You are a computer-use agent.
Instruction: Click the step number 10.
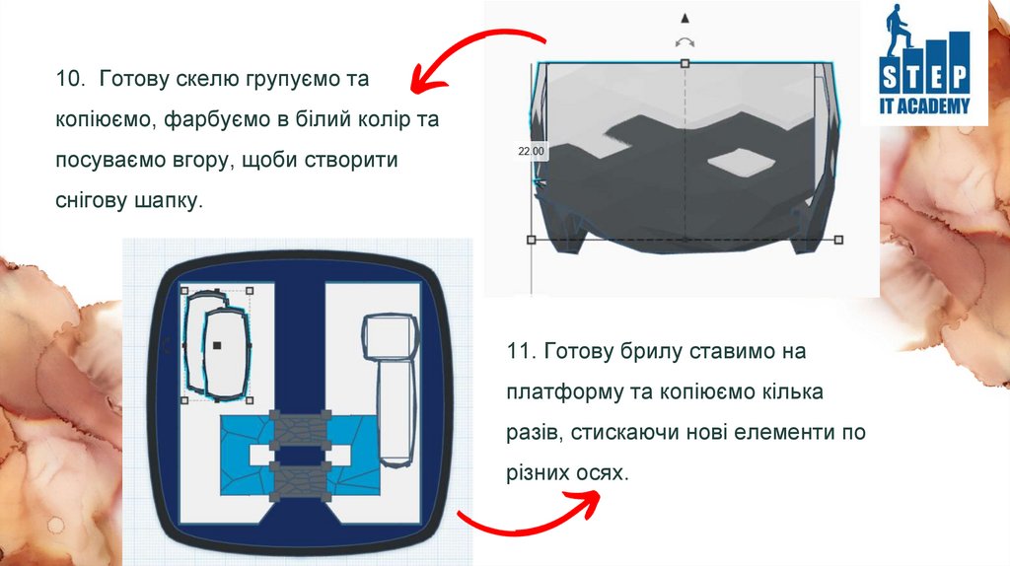click(70, 79)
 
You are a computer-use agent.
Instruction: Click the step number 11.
click(520, 352)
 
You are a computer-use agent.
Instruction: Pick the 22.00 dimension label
click(531, 151)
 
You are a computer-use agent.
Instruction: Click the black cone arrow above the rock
click(685, 18)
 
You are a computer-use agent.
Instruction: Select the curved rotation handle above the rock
click(685, 42)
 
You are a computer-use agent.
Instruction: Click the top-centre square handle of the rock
click(685, 63)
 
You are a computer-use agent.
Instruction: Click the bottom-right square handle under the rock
click(838, 240)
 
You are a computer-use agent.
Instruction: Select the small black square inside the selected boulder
click(217, 346)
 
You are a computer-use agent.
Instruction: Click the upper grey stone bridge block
click(300, 428)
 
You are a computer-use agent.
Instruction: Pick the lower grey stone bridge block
click(300, 481)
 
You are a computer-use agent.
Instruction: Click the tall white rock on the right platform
click(390, 389)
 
